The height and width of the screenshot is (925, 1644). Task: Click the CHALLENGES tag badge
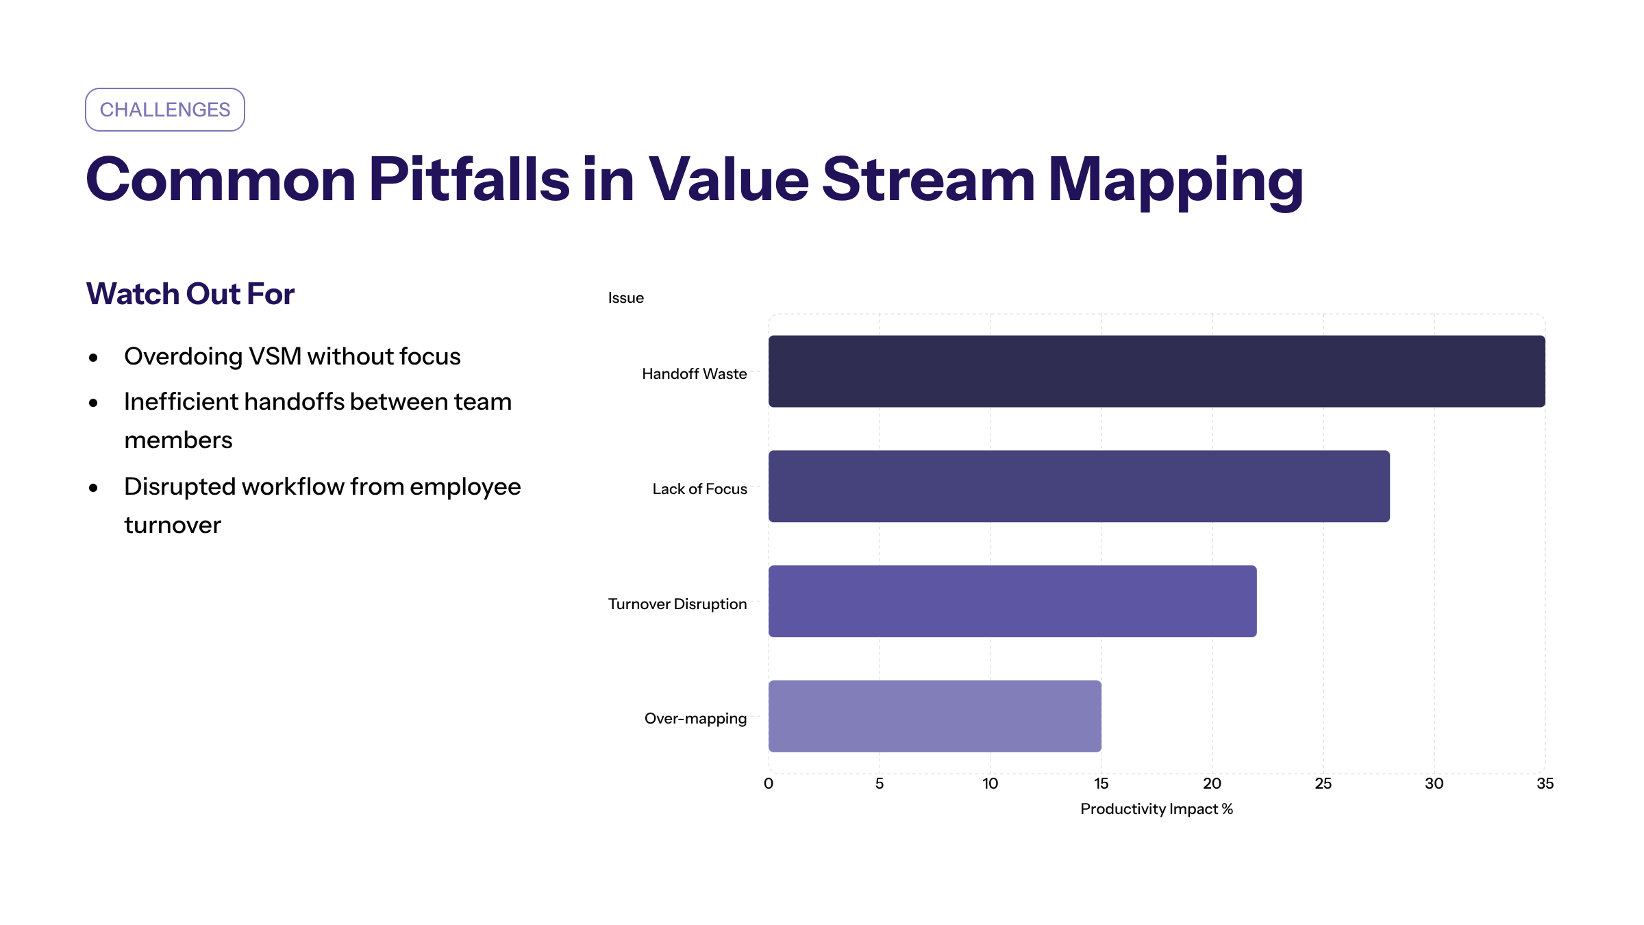pyautogui.click(x=165, y=110)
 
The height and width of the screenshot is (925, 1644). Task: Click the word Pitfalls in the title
pyautogui.click(x=469, y=180)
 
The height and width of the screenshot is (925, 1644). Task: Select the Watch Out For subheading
pyautogui.click(x=190, y=294)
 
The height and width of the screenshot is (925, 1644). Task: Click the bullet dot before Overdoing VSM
pyautogui.click(x=94, y=358)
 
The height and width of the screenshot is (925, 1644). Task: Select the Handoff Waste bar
pyautogui.click(x=1156, y=371)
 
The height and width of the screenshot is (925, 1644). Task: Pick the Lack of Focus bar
pyautogui.click(x=1079, y=486)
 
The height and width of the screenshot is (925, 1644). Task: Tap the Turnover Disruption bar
pyautogui.click(x=1012, y=602)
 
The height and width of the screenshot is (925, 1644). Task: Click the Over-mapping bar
pyautogui.click(x=934, y=716)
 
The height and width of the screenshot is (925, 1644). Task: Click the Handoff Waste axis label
pyautogui.click(x=694, y=374)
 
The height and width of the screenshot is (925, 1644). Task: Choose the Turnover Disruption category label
pyautogui.click(x=677, y=604)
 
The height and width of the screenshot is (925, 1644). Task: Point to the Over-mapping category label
pyautogui.click(x=695, y=719)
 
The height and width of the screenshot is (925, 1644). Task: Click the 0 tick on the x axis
pyautogui.click(x=769, y=784)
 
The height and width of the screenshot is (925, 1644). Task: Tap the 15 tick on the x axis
pyautogui.click(x=1101, y=784)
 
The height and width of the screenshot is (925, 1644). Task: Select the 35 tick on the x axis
pyautogui.click(x=1545, y=784)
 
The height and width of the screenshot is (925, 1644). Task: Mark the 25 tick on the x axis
pyautogui.click(x=1323, y=784)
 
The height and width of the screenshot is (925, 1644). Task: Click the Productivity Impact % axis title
pyautogui.click(x=1156, y=809)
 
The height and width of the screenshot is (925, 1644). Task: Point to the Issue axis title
pyautogui.click(x=625, y=298)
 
